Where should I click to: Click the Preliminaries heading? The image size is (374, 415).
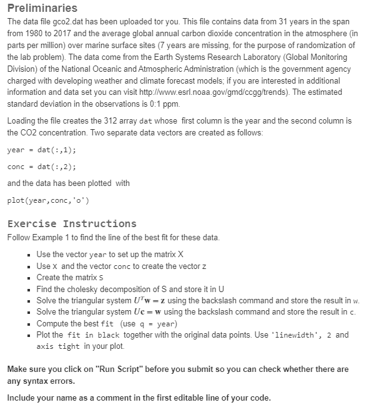tap(42, 8)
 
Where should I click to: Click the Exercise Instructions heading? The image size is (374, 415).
tap(71, 223)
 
